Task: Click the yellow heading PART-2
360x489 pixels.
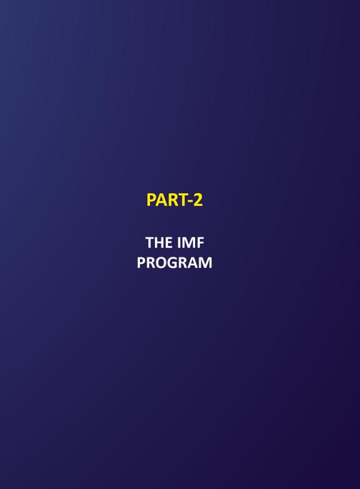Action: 174,200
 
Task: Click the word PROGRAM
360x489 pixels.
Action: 174,262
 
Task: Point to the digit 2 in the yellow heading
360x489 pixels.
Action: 198,200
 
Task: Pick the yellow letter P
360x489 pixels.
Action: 151,200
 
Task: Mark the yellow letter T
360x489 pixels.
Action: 182,200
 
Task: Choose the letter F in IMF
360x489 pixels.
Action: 200,242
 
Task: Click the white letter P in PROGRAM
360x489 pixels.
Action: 141,262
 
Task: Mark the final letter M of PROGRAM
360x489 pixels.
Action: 206,262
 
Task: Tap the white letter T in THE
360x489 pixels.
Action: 149,242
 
